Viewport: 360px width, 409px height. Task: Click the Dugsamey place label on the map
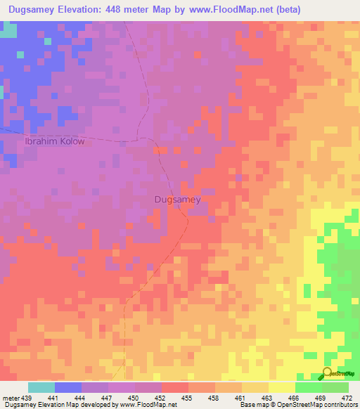pyautogui.click(x=177, y=200)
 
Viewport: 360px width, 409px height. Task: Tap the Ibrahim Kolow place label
pyautogui.click(x=55, y=141)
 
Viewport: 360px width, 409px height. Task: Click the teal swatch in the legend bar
pyautogui.click(x=41, y=387)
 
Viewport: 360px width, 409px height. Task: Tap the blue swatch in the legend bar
pyautogui.click(x=68, y=387)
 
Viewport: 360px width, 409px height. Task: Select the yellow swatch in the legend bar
pyautogui.click(x=281, y=387)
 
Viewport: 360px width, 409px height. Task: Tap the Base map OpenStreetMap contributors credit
pyautogui.click(x=297, y=405)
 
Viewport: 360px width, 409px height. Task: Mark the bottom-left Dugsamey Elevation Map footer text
pyautogui.click(x=89, y=405)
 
